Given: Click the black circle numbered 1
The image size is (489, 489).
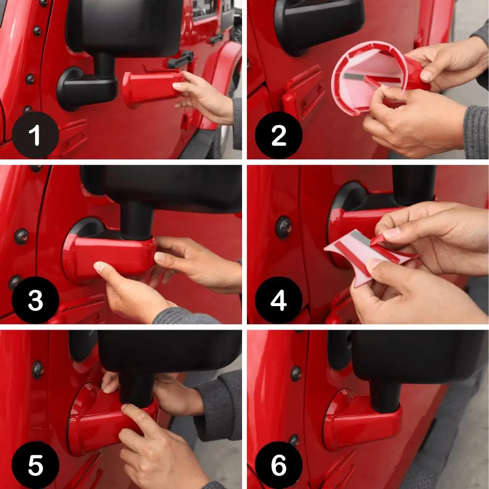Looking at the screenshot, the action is tap(35, 135).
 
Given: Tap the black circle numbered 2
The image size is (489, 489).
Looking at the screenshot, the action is tap(279, 135).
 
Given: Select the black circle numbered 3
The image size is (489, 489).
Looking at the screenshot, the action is tap(35, 300).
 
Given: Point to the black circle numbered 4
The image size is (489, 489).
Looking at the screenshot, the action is tap(279, 300).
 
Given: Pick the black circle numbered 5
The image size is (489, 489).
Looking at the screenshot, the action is tap(35, 465).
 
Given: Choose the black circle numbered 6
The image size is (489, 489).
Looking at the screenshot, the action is tap(279, 465).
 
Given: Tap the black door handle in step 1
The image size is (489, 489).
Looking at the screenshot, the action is tap(181, 59).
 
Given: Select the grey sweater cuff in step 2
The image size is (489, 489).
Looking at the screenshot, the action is tap(476, 132).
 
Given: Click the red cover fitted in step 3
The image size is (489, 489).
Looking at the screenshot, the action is tap(109, 257).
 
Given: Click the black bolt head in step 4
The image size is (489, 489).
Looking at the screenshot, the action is tap(284, 227).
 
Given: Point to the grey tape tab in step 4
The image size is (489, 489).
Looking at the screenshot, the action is tap(360, 238).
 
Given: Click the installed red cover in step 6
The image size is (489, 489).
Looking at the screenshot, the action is tap(362, 421).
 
